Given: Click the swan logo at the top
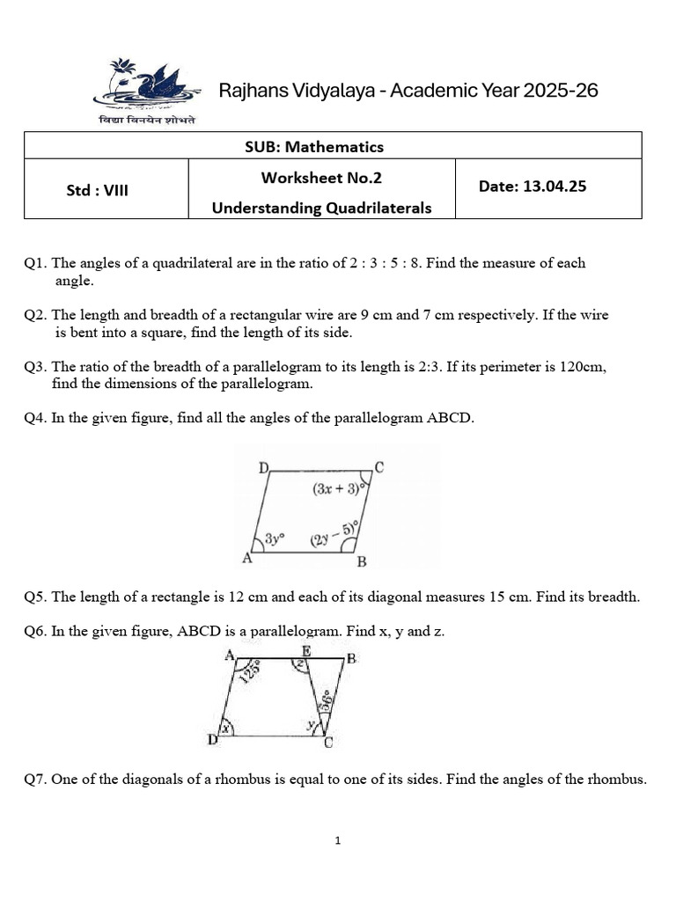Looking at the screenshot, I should point(145,84).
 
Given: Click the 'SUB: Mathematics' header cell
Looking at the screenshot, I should point(314,146).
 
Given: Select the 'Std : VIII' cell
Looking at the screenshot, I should point(98,189).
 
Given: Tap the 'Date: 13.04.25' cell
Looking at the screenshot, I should point(532,187).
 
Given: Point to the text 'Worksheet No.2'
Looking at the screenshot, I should point(321,178).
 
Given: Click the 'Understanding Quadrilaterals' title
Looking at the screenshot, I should point(321,209).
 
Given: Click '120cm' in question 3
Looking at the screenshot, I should point(582,366).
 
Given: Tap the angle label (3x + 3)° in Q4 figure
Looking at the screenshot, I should point(339,489).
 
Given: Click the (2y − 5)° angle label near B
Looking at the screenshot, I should point(334,535).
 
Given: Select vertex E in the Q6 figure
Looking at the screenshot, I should point(305,651).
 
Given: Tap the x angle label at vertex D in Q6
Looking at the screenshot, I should point(226,729).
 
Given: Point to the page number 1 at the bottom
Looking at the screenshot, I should point(337,841).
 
